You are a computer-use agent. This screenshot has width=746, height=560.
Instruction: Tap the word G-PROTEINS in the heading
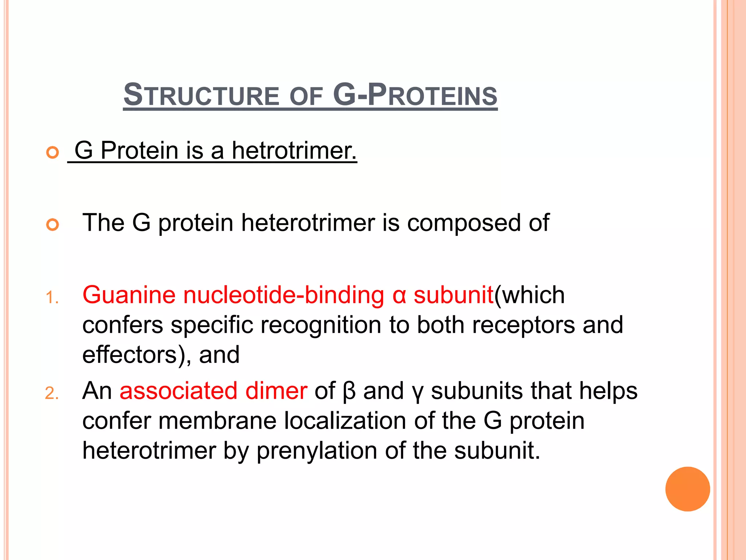click(x=415, y=96)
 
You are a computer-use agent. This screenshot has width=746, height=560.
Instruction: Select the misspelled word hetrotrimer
click(x=294, y=150)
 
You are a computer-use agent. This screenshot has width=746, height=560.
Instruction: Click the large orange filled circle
click(x=687, y=489)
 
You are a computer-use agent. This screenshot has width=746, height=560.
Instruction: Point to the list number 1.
click(x=52, y=297)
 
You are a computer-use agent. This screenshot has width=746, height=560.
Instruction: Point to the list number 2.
click(x=52, y=394)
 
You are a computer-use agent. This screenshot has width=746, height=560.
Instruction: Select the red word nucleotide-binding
click(x=283, y=295)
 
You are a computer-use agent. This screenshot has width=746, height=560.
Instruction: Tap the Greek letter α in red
click(x=399, y=296)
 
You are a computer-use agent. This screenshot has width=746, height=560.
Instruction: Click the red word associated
click(x=178, y=391)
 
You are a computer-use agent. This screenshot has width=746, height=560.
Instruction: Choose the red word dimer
click(x=276, y=391)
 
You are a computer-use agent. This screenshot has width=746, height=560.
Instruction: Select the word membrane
click(x=217, y=421)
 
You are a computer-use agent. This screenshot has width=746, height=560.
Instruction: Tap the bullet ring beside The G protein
click(x=52, y=225)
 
